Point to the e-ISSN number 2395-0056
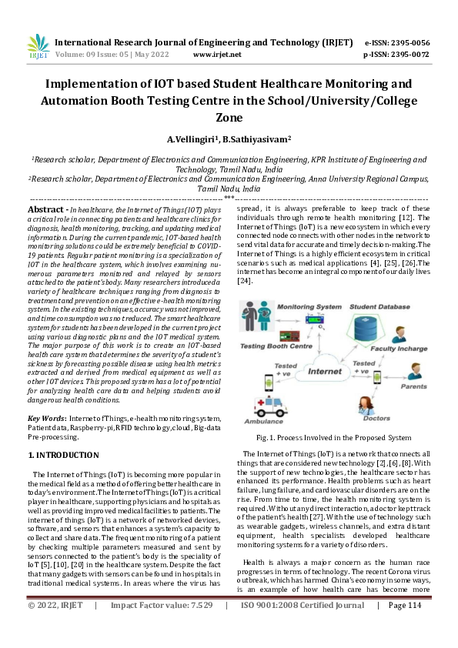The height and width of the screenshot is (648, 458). [x=407, y=42]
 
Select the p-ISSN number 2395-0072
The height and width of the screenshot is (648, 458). [x=407, y=55]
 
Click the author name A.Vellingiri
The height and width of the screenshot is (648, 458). [x=192, y=139]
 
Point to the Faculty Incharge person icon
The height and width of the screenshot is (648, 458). [x=399, y=333]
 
